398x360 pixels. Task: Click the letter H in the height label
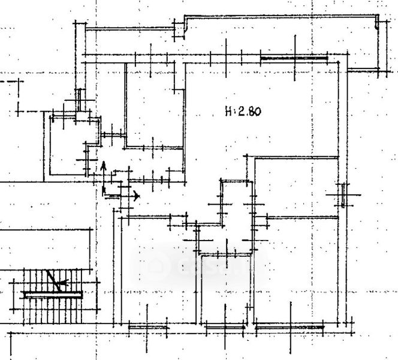[x=229, y=111]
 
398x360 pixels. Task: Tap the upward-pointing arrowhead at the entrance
[x=103, y=166]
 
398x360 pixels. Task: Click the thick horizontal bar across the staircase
[x=52, y=294]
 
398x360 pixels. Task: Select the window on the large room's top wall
[x=294, y=58]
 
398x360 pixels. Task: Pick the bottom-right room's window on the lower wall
[x=290, y=327]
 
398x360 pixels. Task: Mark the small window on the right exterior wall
[x=342, y=195]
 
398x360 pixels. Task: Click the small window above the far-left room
[x=80, y=99]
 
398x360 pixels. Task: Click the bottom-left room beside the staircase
[x=159, y=270]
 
